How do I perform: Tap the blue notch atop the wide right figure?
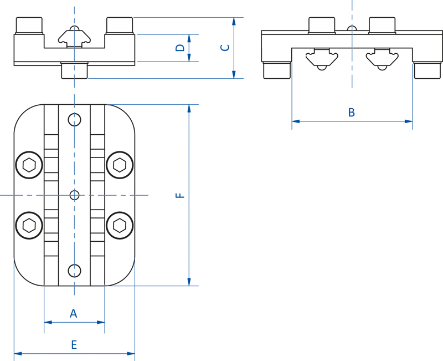(351, 9)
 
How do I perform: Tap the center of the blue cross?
(74, 195)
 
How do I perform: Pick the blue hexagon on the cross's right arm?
(119, 195)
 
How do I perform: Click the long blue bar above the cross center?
(74, 155)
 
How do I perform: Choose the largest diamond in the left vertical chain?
(74, 89)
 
